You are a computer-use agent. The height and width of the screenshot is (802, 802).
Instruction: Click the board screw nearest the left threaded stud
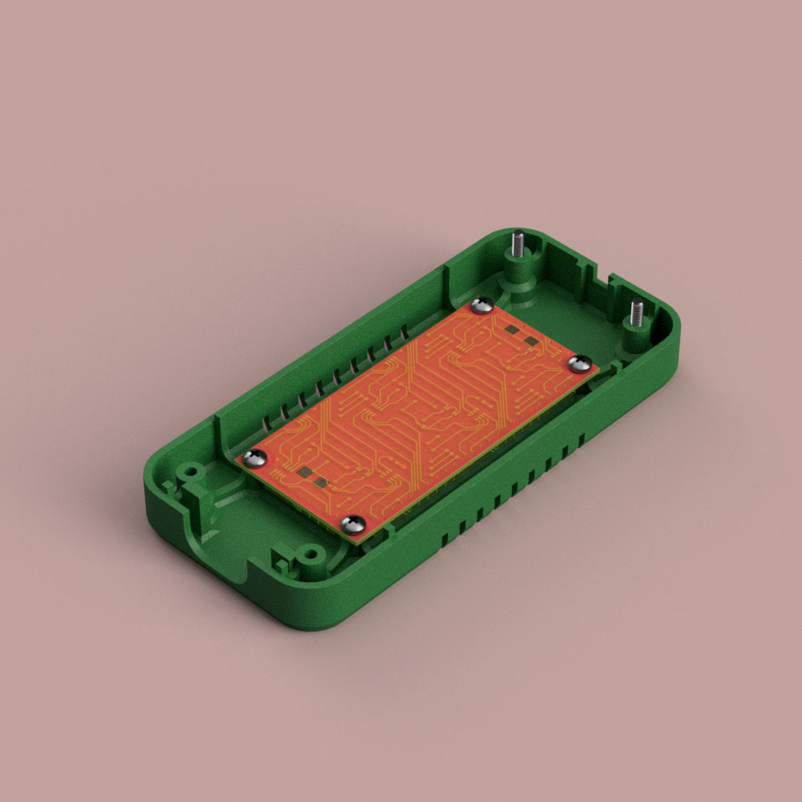483,304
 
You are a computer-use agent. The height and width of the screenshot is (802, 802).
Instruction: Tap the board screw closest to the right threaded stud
580,364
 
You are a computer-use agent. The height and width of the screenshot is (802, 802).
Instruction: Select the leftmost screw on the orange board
256,458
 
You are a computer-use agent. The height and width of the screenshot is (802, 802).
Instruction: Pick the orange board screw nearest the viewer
353,525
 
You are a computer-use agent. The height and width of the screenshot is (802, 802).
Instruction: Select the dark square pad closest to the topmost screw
511,330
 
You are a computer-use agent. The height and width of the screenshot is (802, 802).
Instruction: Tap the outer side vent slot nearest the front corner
445,534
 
